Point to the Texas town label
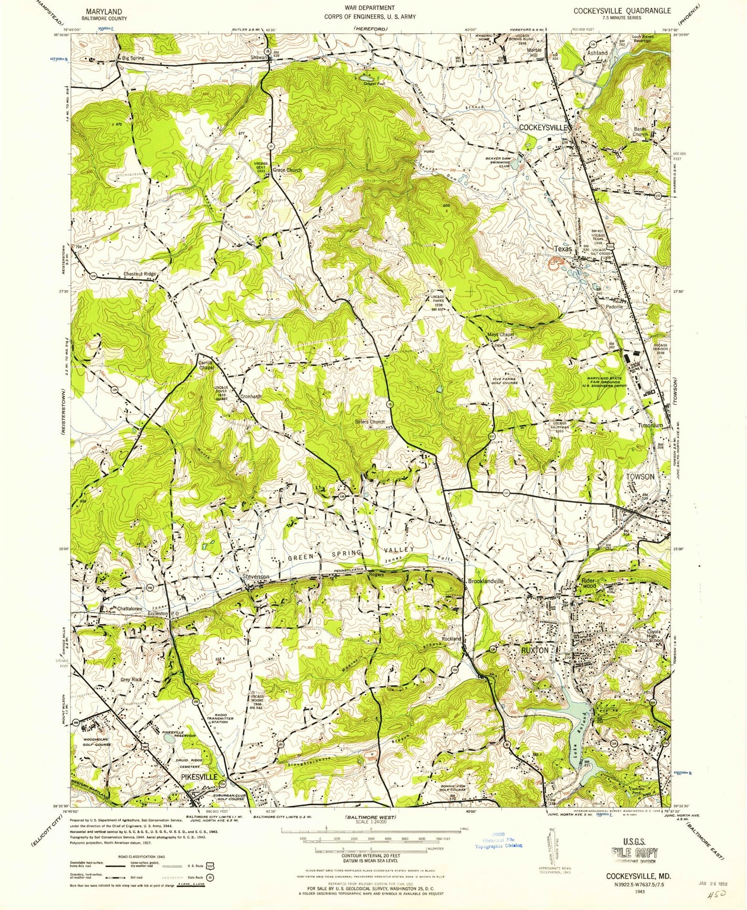click(563, 249)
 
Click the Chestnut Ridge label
click(140, 274)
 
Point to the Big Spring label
click(133, 58)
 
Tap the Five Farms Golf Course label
click(505, 381)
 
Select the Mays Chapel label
click(500, 335)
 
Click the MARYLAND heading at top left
click(104, 11)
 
